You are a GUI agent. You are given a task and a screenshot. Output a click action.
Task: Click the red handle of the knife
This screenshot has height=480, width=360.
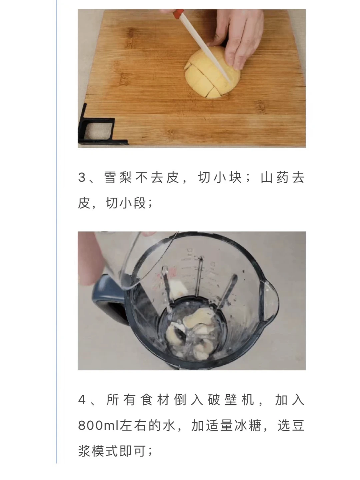tap(178, 14)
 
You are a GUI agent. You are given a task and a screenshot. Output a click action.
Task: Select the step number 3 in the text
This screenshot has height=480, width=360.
tap(82, 177)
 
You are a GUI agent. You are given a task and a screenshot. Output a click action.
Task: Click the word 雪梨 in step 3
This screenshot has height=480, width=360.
tap(118, 177)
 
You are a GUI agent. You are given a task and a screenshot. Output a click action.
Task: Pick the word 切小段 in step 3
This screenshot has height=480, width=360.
tap(125, 203)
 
